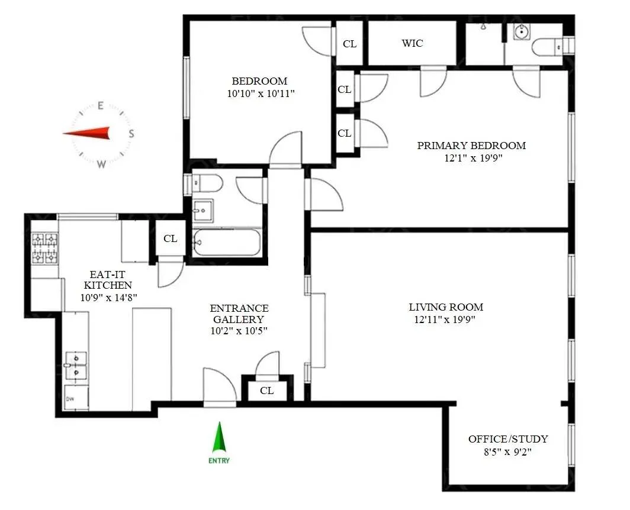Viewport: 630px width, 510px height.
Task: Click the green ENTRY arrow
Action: pos(219,438)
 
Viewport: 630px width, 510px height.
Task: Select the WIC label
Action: pos(412,43)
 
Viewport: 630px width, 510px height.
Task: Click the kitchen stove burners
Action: pos(45,248)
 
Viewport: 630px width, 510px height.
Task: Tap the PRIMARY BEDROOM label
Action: pos(471,146)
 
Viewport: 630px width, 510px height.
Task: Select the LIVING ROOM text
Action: pos(446,307)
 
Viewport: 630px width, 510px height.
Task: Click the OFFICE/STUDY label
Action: pos(508,439)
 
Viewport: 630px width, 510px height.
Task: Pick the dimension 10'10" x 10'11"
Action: pos(259,93)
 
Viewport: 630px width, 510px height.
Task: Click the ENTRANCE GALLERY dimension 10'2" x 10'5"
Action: pos(239,331)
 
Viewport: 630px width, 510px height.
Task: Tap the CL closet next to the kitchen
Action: pos(170,239)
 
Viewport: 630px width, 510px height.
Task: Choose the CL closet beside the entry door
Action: pos(267,390)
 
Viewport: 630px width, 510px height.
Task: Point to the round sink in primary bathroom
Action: pos(522,33)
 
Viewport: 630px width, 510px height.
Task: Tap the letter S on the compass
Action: pos(131,134)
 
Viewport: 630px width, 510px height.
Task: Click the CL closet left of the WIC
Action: pos(350,43)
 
